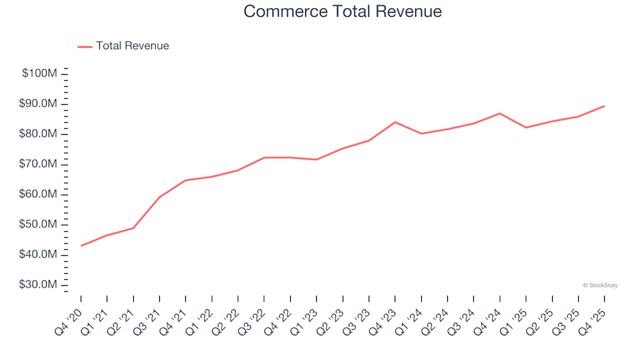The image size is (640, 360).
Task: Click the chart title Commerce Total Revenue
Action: (x=342, y=12)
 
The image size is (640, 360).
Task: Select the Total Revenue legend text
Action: (x=132, y=46)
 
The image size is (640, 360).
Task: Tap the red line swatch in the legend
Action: (x=85, y=47)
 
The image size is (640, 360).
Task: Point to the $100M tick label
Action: (x=39, y=73)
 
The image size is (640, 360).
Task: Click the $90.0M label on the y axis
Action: (x=39, y=104)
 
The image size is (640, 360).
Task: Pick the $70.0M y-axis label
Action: (x=39, y=164)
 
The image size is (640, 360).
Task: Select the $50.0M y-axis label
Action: (x=39, y=225)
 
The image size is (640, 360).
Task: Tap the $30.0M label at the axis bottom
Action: (x=39, y=285)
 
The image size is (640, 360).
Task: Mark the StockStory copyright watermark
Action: (x=600, y=285)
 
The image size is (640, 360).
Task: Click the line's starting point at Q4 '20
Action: (x=81, y=246)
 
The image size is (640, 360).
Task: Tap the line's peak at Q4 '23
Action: (x=395, y=122)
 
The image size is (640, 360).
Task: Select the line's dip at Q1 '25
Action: (x=526, y=127)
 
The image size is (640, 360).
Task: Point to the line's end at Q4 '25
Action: (x=604, y=106)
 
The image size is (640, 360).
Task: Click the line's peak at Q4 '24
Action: (x=500, y=113)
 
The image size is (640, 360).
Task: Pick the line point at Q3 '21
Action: (x=159, y=197)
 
